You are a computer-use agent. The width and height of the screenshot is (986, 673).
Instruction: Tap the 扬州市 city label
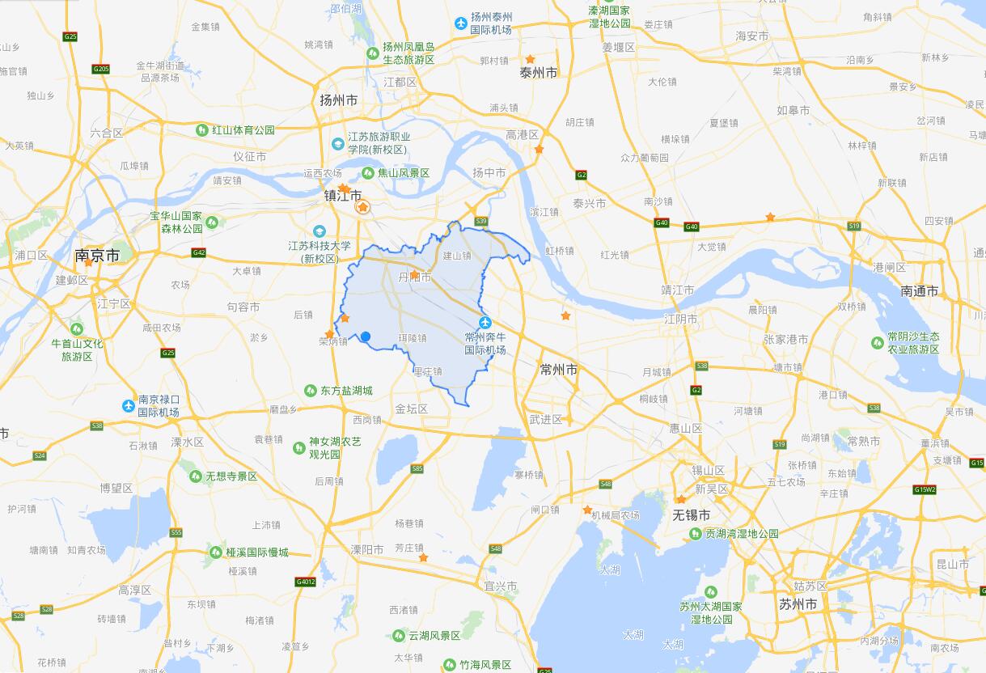pos(338,101)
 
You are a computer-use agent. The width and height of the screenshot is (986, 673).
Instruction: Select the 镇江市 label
pos(342,197)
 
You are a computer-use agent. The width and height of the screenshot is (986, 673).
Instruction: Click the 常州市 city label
pos(559,370)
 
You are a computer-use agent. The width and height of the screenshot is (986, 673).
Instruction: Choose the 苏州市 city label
pos(798,604)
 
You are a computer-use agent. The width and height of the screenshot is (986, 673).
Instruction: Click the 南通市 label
pos(919,291)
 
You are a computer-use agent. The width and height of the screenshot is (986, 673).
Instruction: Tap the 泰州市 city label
pos(539,74)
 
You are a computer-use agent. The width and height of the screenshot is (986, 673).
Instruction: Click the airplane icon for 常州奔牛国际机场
pos(485,323)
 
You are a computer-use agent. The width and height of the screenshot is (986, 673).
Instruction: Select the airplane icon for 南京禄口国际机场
pos(128,405)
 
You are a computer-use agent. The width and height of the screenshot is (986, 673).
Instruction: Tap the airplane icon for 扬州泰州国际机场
pos(461,23)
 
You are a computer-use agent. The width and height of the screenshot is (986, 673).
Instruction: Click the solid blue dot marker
pos(366,336)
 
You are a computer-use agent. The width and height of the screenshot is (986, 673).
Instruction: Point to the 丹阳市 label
pos(415,277)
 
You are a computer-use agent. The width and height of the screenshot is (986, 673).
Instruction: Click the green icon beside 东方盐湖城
pos(310,391)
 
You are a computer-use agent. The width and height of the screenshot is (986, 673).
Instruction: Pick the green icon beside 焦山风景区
pos(368,173)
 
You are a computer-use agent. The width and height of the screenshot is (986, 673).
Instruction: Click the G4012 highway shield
pos(306,581)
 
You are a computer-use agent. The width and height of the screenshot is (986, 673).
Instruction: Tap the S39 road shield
pos(481,221)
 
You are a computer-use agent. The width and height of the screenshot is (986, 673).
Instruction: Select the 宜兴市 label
pos(500,586)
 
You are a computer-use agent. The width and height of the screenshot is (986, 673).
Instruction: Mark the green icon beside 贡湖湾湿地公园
pos(696,534)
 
